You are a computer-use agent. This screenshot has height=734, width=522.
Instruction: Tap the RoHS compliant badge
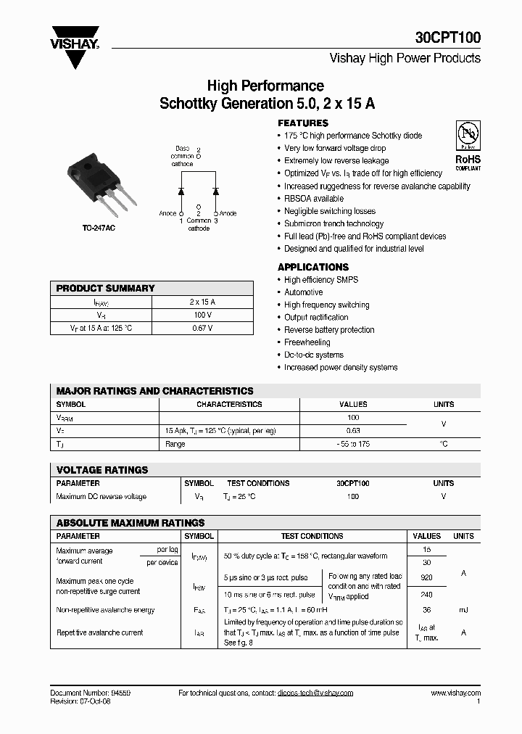(x=468, y=146)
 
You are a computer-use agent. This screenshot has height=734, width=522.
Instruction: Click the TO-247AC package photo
(x=101, y=184)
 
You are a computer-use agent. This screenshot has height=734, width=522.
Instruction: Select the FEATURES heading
(x=303, y=123)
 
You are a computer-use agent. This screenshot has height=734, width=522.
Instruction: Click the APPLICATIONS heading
(x=313, y=267)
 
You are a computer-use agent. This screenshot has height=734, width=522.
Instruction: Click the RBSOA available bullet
(x=314, y=199)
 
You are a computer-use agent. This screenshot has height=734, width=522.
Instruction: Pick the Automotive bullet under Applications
(x=303, y=292)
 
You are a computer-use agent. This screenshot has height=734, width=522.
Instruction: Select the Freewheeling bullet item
(x=308, y=342)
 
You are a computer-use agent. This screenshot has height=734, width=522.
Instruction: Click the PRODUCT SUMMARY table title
(x=106, y=289)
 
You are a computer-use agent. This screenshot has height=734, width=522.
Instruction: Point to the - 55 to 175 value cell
(x=353, y=444)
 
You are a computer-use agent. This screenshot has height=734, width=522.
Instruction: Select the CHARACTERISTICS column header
(x=229, y=405)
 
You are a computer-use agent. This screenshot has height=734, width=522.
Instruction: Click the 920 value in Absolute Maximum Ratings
(x=426, y=578)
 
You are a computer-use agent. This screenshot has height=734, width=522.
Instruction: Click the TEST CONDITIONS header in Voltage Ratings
(x=258, y=483)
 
